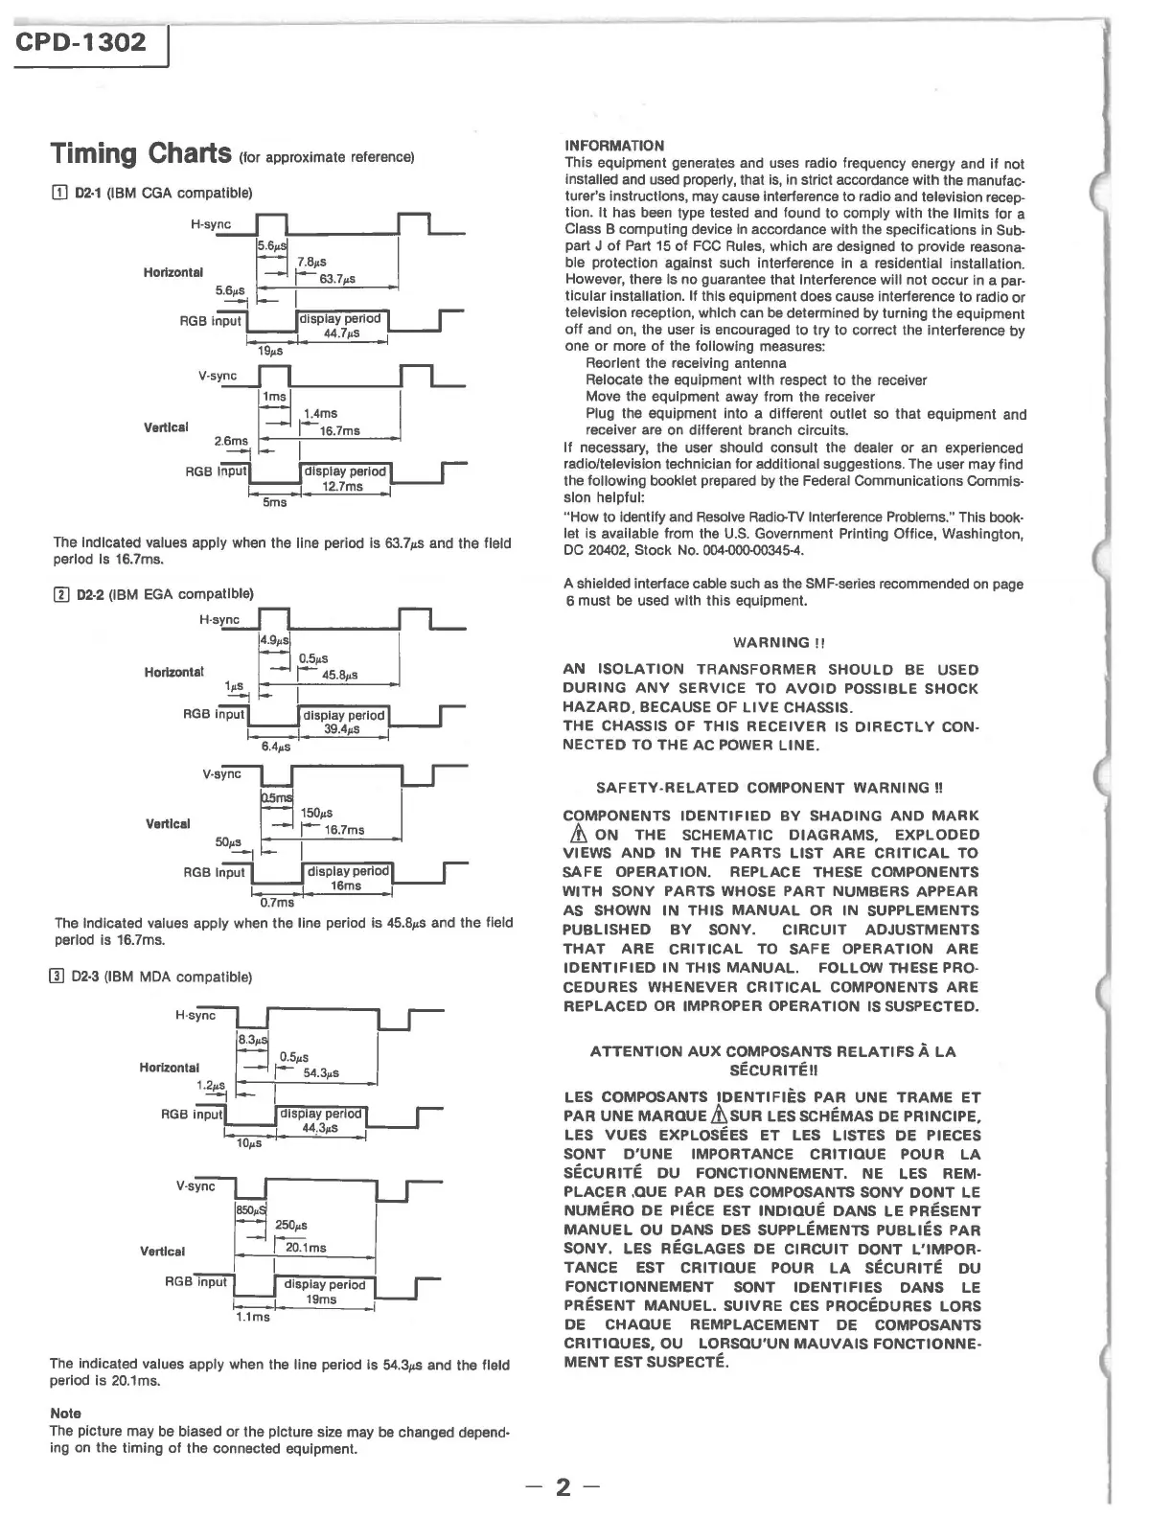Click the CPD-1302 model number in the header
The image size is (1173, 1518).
click(81, 42)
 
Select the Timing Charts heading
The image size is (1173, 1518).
click(141, 153)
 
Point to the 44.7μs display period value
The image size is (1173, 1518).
click(342, 333)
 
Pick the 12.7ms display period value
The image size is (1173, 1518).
click(342, 486)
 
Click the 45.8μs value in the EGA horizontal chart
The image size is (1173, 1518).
click(340, 675)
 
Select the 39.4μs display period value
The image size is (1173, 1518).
click(342, 729)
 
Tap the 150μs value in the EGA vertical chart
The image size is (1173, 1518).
click(316, 813)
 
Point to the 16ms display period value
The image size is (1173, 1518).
click(346, 886)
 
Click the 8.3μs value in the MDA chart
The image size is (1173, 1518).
click(252, 1039)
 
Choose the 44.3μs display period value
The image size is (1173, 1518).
click(320, 1128)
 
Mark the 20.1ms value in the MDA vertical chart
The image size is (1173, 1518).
click(307, 1248)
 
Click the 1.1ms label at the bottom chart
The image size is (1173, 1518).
click(253, 1317)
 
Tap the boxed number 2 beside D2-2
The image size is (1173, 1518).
click(59, 594)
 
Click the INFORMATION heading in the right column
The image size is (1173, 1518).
click(614, 146)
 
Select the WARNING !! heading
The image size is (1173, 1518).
click(772, 642)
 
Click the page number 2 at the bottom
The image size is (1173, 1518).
click(563, 1486)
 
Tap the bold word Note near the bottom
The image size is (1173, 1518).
click(65, 1413)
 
